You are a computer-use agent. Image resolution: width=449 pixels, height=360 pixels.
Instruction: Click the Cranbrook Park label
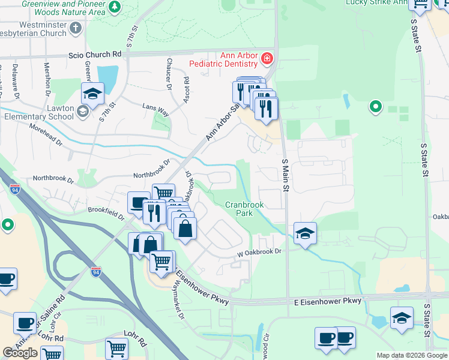click(244, 209)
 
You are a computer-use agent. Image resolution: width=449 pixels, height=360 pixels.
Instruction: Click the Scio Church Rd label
click(101, 53)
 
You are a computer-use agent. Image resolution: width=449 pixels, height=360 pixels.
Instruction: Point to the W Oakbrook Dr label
click(259, 252)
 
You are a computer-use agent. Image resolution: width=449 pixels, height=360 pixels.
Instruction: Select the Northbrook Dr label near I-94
click(53, 179)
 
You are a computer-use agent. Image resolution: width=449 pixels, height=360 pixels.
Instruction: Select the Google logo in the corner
click(20, 353)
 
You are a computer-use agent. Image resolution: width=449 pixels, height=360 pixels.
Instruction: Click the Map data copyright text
click(412, 355)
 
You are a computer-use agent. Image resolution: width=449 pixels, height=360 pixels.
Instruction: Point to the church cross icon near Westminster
click(76, 28)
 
